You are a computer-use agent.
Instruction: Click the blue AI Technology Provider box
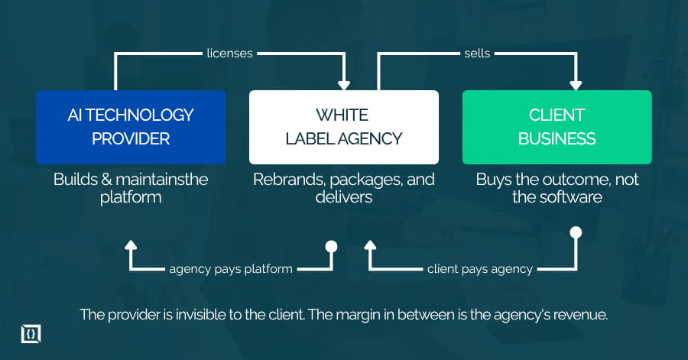click(x=131, y=127)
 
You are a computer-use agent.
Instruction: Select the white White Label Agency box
click(x=343, y=127)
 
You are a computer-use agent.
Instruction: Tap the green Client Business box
click(x=557, y=127)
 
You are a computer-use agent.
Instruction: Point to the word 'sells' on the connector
click(x=476, y=54)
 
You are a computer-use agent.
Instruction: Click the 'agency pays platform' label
click(x=232, y=268)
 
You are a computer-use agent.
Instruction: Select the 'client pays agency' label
click(x=480, y=268)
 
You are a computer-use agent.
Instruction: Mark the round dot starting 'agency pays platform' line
click(x=331, y=246)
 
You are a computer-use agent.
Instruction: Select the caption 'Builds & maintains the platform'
click(x=131, y=188)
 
